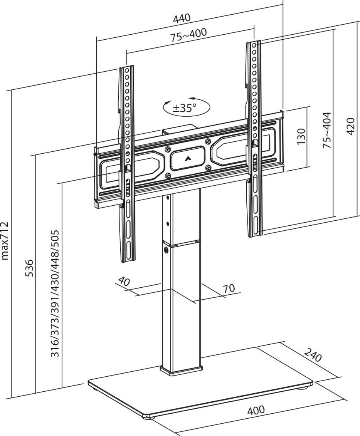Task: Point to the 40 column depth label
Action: click(x=124, y=281)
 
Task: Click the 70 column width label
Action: click(x=229, y=288)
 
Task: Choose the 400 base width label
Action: click(x=256, y=410)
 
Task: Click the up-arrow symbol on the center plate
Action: click(x=188, y=157)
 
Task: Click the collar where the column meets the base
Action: click(x=181, y=371)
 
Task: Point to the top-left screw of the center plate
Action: click(x=168, y=149)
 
